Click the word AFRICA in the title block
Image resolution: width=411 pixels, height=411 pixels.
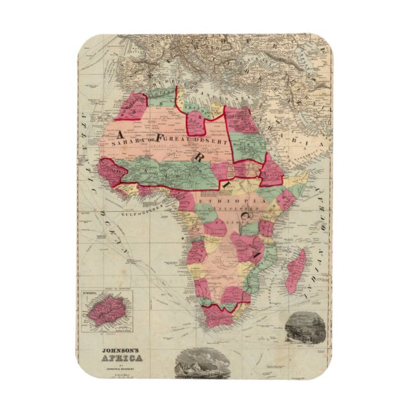pyautogui.click(x=125, y=358)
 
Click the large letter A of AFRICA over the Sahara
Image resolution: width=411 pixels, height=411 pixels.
pyautogui.click(x=122, y=133)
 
